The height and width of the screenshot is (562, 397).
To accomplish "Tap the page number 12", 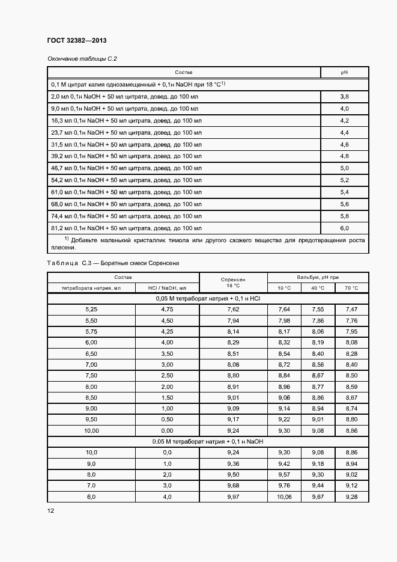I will [50, 510].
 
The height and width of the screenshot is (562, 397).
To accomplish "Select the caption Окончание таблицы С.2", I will [81, 59].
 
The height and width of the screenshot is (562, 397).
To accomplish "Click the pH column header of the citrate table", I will [345, 72].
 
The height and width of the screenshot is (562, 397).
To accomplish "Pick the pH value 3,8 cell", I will [345, 96].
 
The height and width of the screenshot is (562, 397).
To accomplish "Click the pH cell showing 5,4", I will [345, 192].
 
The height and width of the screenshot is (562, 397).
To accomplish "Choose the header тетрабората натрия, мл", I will [91, 289].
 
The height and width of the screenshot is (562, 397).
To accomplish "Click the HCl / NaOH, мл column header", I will [167, 289].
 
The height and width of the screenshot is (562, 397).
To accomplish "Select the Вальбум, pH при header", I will [318, 277].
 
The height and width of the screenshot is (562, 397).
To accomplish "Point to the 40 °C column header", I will [318, 289].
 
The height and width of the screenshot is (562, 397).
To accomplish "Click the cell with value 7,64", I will [283, 309].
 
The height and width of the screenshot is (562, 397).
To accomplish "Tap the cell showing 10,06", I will [283, 496].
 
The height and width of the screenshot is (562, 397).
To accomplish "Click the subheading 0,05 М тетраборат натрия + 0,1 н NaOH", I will [208, 442].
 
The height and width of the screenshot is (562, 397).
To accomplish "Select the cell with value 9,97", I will [233, 496].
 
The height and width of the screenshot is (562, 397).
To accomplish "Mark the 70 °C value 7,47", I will [351, 309].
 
